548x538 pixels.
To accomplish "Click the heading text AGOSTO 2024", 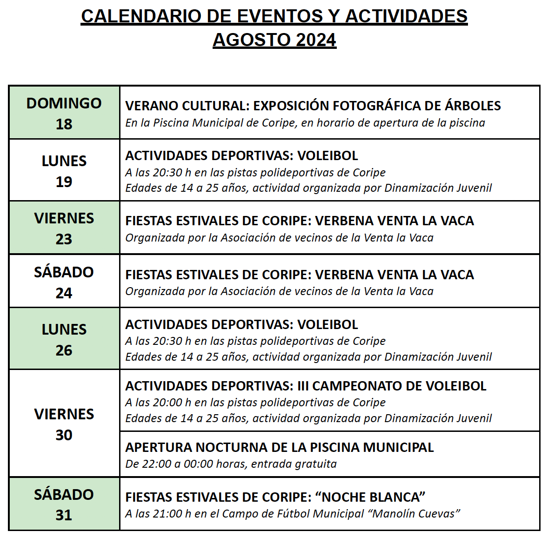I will coord(274,40).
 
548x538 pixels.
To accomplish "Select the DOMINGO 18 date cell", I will coord(64,113).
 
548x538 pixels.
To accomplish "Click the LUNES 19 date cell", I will coord(64,171).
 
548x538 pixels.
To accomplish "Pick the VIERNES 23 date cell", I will coord(64,228).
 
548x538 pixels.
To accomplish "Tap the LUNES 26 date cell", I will coord(64,339).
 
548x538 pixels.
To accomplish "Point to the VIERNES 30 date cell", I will coord(64,424).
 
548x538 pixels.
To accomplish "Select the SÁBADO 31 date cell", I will coord(64,504).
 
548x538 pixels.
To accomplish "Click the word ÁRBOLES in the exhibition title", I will coord(473,106).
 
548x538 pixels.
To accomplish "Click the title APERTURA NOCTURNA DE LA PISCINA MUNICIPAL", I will coord(279,447).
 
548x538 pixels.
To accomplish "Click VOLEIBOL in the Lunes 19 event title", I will coord(327,155).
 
